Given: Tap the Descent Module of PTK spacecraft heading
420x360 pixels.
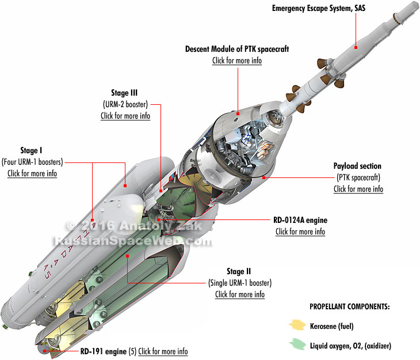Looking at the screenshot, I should pos(237,50).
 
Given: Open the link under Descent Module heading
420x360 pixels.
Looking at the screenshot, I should pos(237,60).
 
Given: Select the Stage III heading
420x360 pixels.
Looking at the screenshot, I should pos(125,92).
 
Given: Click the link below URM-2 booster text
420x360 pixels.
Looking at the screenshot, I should pos(125,115).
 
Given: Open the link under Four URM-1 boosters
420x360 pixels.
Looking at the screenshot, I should pos(32,173).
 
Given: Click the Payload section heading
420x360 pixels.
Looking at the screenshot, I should pos(357,166).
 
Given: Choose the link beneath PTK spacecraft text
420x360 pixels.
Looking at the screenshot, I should pos(358,189).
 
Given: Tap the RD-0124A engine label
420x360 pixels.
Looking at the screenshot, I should pos(300,220).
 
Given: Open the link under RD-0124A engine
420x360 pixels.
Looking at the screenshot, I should pos(300,232).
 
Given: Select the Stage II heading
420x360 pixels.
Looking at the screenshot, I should pos(239,271).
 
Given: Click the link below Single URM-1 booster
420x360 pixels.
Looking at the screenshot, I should pos(239,294).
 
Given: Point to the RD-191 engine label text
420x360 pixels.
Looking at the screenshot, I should pos(99,351).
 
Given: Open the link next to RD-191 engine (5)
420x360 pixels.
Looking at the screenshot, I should pos(163,351).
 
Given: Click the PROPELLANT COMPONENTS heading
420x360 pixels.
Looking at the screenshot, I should pos(349,306).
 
